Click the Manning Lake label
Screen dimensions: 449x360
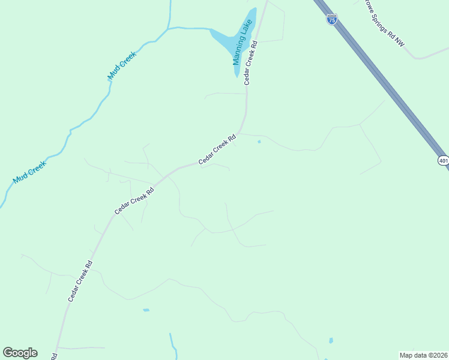point(242,43)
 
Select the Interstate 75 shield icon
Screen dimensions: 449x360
point(332,19)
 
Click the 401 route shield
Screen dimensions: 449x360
point(443,160)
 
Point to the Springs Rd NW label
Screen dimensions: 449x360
point(385,23)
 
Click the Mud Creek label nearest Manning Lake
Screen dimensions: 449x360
point(122,65)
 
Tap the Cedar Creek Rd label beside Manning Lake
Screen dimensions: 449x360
point(251,63)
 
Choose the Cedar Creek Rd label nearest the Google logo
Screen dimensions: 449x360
point(80,280)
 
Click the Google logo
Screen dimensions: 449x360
point(20,353)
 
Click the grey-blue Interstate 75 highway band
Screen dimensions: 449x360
point(384,78)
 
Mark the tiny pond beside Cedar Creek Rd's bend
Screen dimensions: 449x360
point(259,142)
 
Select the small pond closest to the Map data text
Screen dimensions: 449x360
point(331,341)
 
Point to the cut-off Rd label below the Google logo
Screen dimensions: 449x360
point(54,356)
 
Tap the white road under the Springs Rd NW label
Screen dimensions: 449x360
point(420,58)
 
